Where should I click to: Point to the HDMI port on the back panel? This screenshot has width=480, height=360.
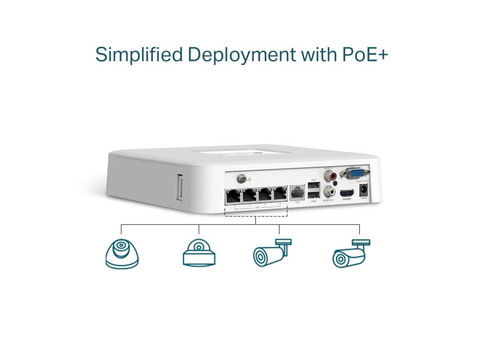[x=346, y=193]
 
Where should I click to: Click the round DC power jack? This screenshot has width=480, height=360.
[x=362, y=191]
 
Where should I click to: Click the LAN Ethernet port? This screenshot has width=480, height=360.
[x=297, y=192]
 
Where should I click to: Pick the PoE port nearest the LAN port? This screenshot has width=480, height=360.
[x=280, y=194]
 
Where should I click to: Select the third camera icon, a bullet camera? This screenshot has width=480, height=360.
[x=271, y=253]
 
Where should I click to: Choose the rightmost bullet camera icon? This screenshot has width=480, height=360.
[x=351, y=254]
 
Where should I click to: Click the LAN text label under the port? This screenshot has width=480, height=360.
[x=297, y=202]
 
